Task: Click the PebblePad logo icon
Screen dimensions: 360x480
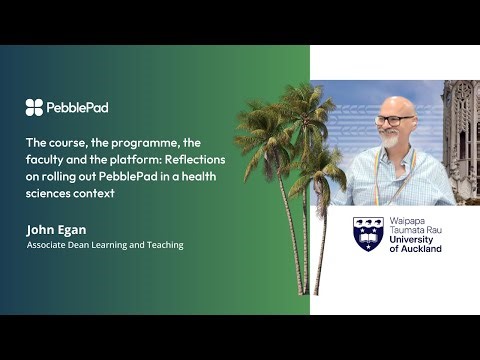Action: [34, 107]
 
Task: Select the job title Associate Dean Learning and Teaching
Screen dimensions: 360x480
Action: [105, 245]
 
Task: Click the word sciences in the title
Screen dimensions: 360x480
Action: [49, 192]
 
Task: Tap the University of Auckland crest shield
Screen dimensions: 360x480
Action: [368, 234]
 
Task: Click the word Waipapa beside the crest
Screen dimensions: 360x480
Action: [409, 221]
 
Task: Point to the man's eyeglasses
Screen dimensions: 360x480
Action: [395, 119]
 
